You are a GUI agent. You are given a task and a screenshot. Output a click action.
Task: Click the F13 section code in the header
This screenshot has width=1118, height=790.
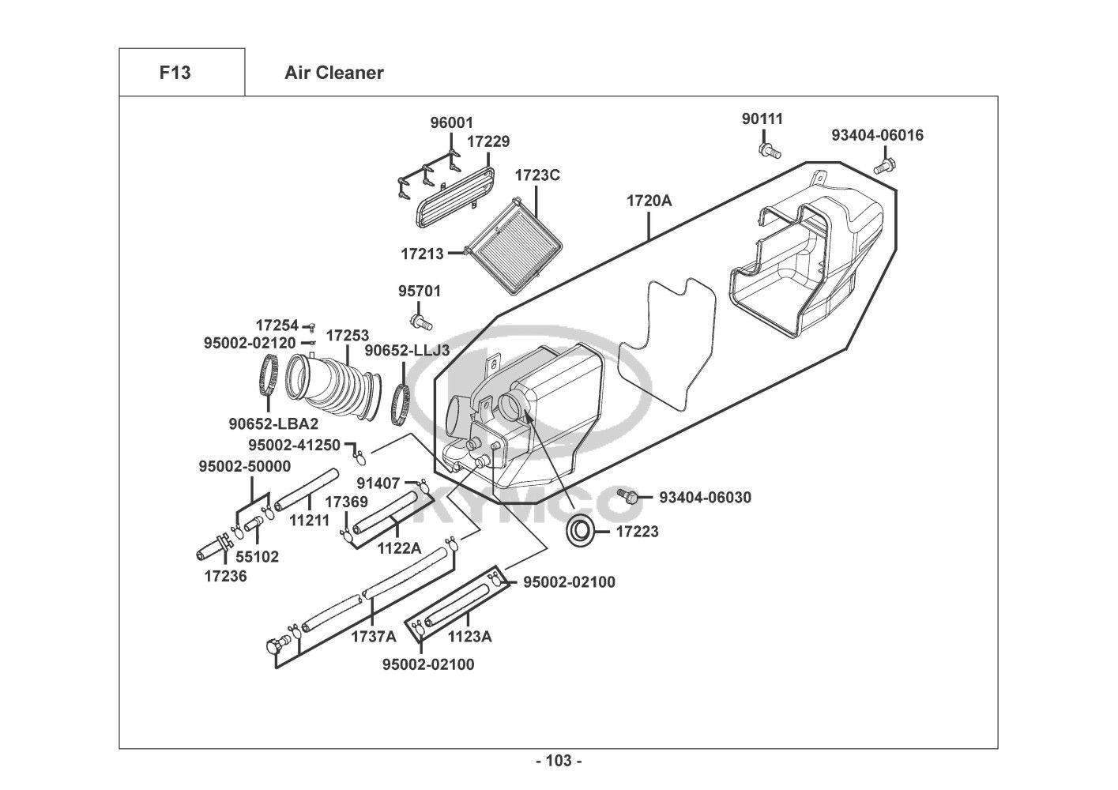pos(175,73)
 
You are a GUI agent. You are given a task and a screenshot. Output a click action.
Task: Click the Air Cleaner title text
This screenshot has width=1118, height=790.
pos(333,73)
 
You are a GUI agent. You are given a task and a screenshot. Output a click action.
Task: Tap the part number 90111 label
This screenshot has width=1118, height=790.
pos(762,118)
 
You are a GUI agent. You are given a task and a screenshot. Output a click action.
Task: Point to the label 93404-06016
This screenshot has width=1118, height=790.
pos(877,135)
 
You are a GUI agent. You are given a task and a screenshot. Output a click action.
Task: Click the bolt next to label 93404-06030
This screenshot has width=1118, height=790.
pos(630,497)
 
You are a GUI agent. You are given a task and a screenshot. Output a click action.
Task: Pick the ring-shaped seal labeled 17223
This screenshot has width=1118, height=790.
pos(582,532)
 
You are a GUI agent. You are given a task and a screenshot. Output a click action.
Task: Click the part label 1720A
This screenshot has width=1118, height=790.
pos(649,201)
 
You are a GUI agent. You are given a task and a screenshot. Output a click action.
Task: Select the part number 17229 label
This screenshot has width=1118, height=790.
pos(487,141)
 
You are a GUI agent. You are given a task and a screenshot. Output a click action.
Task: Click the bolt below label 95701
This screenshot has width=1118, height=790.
pos(421,321)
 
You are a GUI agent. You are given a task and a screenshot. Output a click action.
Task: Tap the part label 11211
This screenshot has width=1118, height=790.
pos(309,521)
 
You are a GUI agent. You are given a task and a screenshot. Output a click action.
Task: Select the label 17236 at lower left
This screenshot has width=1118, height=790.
pos(225,576)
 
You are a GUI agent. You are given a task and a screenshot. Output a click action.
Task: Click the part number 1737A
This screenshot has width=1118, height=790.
pos(374,637)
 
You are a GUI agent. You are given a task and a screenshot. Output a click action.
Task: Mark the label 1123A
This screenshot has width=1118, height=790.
pos(469,637)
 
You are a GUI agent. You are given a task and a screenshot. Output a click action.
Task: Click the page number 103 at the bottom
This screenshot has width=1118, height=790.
pos(559,761)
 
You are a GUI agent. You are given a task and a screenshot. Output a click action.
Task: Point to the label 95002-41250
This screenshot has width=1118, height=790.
pos(294,445)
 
